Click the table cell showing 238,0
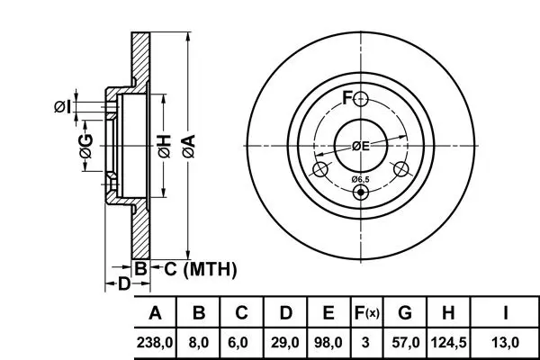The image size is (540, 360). [x=155, y=342]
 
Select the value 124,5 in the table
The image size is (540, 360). [x=447, y=342]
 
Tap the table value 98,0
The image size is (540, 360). [x=328, y=342]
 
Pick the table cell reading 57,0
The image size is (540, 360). [x=405, y=342]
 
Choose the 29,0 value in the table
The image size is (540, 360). [x=284, y=342]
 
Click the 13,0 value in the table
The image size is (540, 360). [x=507, y=342]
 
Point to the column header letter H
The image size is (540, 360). [x=447, y=313]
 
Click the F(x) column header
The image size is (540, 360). [x=366, y=313]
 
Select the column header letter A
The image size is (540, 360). [x=155, y=313]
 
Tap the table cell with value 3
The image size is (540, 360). [x=366, y=342]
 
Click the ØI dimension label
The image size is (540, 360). [x=61, y=107]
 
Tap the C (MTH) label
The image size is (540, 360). [x=199, y=268]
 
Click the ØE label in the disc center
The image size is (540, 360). [x=361, y=146]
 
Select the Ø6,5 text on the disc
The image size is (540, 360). [x=360, y=179]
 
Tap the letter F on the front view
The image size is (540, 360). [x=346, y=97]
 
